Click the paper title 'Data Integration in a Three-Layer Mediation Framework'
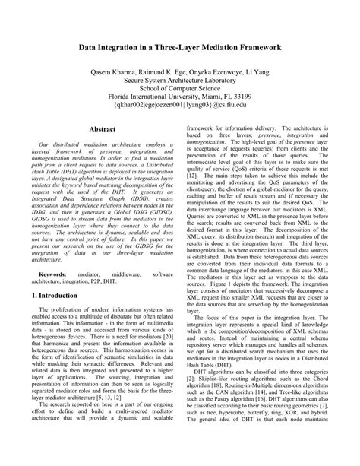(x=180, y=46)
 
